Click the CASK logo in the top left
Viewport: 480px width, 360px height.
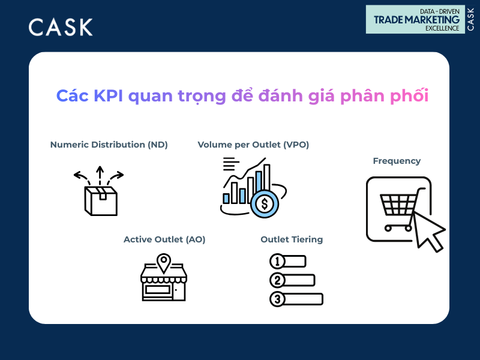tap(61, 27)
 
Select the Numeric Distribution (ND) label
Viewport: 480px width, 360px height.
tap(109, 145)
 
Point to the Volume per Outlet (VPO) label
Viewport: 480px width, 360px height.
tap(253, 145)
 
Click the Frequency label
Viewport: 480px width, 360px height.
tap(397, 161)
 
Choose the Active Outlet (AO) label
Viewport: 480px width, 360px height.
tap(164, 239)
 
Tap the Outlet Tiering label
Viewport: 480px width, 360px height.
tap(292, 239)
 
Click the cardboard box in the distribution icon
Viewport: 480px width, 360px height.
tap(101, 200)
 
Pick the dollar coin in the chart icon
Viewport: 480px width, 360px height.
tap(263, 203)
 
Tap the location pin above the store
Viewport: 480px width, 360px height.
tap(163, 261)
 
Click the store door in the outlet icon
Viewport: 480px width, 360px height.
tap(179, 291)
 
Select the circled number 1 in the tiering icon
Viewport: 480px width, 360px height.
tap(277, 262)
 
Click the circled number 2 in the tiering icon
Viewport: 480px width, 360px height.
tap(277, 280)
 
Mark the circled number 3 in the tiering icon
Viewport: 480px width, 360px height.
tap(277, 299)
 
